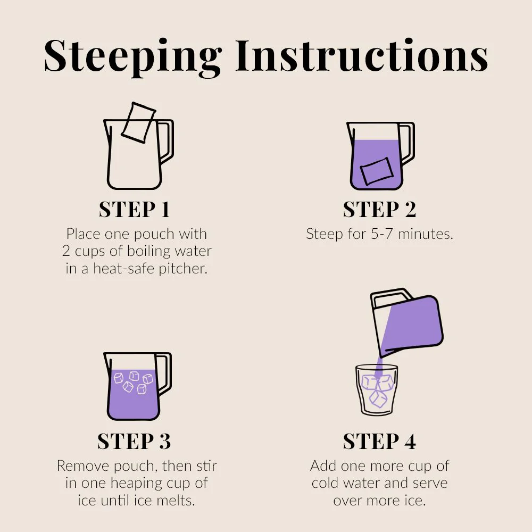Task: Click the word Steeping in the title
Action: (x=132, y=57)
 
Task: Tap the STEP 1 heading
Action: (x=135, y=209)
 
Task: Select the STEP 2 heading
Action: (x=379, y=209)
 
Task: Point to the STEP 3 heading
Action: (x=134, y=441)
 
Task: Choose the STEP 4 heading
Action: (x=379, y=441)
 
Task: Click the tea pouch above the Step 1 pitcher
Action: (x=138, y=122)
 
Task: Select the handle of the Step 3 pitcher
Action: (x=166, y=374)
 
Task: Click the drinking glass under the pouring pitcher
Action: (x=376, y=390)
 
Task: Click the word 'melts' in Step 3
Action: (x=177, y=501)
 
